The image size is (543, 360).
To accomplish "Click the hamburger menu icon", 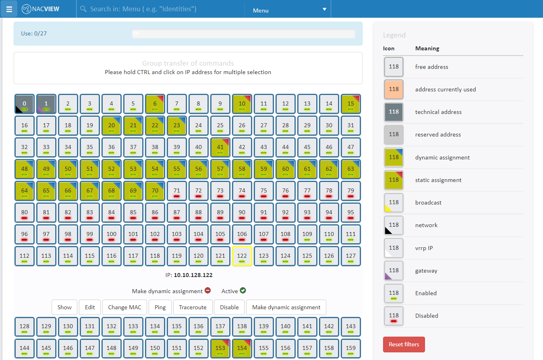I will point(9,9).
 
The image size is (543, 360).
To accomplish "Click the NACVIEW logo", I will point(41,9).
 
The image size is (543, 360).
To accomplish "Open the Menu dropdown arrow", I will point(324,10).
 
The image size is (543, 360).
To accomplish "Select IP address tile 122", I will point(242,256).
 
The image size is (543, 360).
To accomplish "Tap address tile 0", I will point(25,104).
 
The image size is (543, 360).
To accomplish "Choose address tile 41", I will point(220,147).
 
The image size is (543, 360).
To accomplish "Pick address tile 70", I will point(155,191).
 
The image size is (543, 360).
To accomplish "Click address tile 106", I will point(242,234).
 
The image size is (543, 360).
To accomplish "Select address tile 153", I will point(220,348).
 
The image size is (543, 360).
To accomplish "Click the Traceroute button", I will point(193,307).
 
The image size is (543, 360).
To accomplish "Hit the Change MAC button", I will point(124,307).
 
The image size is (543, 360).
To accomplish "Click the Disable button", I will point(229,307).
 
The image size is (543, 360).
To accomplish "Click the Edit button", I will point(90,307).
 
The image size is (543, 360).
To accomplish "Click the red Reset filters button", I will point(404,344).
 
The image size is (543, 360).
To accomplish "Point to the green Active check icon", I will point(243,291).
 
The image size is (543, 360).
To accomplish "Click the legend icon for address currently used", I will point(394,89).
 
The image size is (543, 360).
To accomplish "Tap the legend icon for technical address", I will point(394,112).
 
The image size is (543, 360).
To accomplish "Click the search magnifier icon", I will point(83,9).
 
